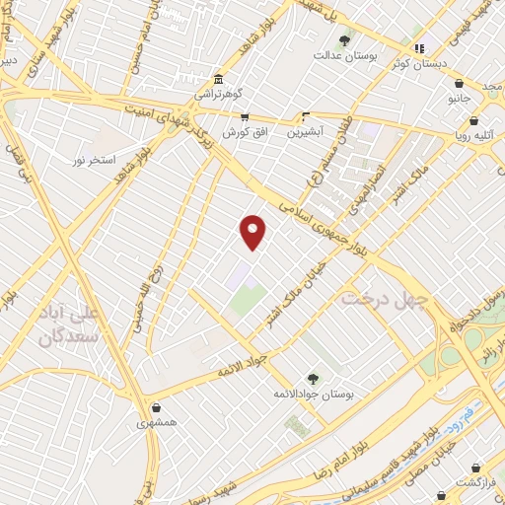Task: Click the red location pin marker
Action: [253, 232]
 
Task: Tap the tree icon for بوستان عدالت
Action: [344, 40]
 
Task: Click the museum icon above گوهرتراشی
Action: [218, 79]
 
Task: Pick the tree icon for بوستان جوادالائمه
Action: [313, 378]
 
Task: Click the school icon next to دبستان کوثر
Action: [418, 48]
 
